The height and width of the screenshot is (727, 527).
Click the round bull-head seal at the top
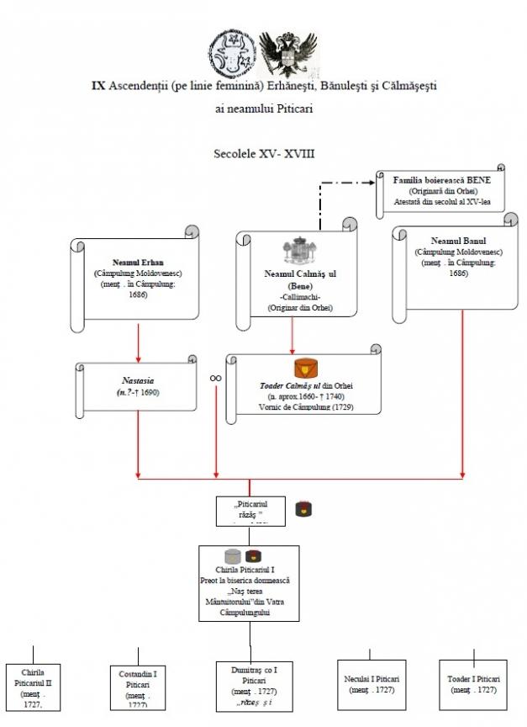(x=232, y=52)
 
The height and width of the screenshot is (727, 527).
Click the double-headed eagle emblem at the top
(x=288, y=52)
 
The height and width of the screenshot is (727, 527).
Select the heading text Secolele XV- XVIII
(x=263, y=155)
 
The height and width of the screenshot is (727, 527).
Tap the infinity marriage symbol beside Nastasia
(x=215, y=379)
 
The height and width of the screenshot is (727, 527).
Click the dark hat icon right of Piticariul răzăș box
(x=304, y=508)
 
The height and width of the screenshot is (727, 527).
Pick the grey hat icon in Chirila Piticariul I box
(x=233, y=556)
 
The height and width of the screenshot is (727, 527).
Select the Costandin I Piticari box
(x=137, y=687)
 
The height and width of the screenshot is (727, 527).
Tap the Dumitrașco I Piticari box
(x=254, y=687)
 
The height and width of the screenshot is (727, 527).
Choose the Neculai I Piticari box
(x=371, y=684)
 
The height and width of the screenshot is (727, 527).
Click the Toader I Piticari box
(x=474, y=684)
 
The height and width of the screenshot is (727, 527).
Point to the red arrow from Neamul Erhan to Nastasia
(x=138, y=342)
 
